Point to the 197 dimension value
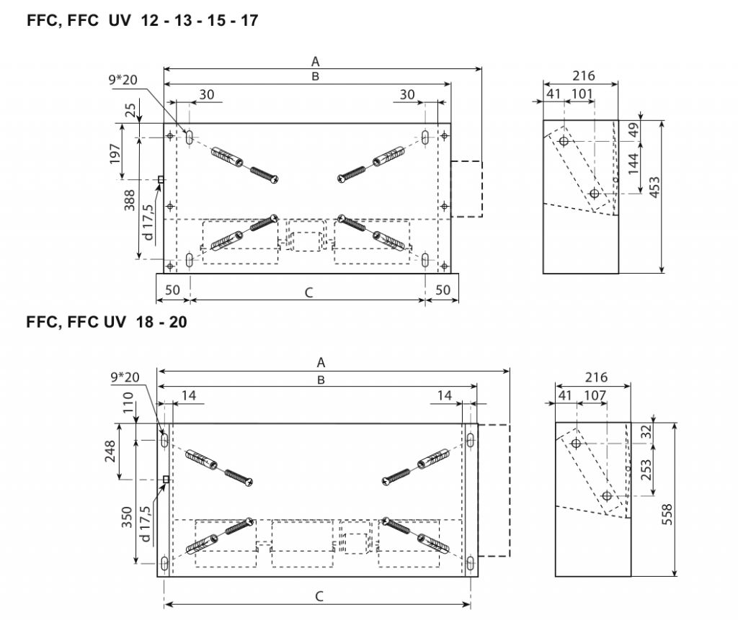(116, 152)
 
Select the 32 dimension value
(646, 432)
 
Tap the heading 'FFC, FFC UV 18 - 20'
(106, 323)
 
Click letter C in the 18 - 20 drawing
(319, 596)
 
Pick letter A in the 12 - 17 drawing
(315, 61)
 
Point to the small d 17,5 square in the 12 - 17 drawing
(161, 180)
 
